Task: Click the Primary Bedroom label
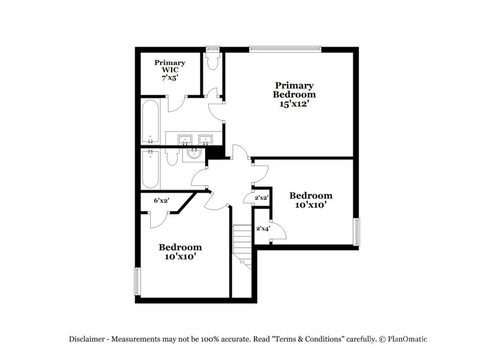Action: point(294,90)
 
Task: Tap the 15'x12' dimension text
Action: point(294,105)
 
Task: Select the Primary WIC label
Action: point(170,66)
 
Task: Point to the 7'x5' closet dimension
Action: point(170,79)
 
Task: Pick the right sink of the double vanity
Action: point(205,139)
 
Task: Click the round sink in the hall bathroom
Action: point(193,152)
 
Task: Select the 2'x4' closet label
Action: point(262,229)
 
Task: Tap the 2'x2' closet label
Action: point(261,198)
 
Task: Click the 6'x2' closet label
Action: point(162,200)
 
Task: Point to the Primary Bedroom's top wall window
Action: point(286,48)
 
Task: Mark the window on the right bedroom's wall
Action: point(356,232)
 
